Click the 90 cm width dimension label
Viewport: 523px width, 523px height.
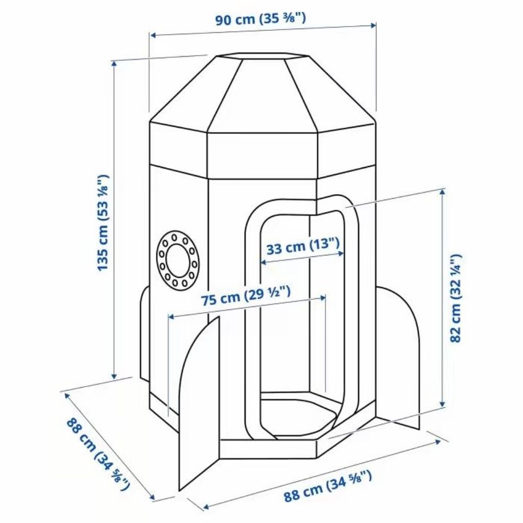[x=260, y=19]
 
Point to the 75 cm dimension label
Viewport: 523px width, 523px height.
[x=246, y=296]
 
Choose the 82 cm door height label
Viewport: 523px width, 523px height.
[x=456, y=298]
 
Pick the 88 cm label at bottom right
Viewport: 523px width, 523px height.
[x=327, y=486]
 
